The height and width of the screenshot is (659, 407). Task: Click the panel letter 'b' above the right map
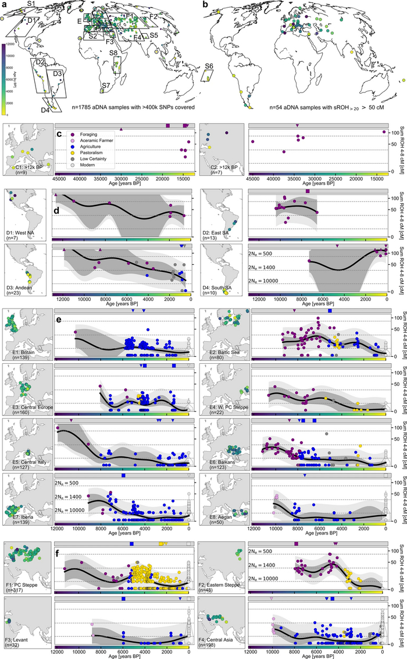205,5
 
